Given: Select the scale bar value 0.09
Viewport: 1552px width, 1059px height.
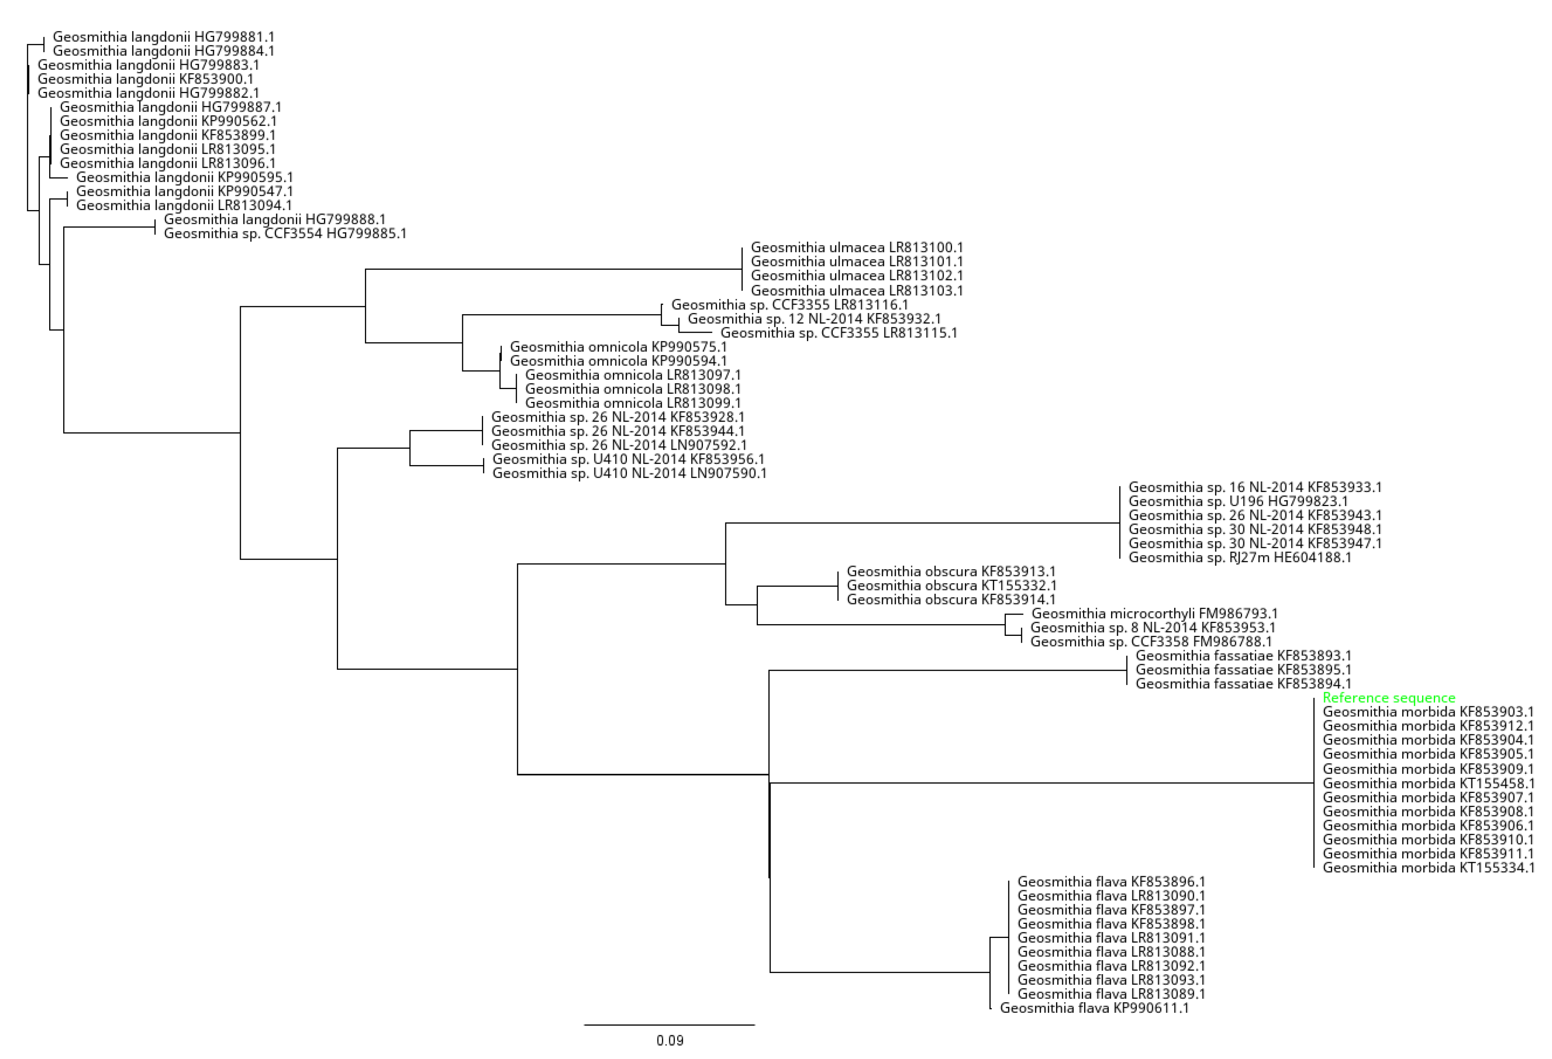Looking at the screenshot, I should (670, 1040).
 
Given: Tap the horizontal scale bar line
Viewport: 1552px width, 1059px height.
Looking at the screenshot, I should (669, 1025).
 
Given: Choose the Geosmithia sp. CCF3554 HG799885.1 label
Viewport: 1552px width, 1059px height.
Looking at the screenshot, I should (285, 234).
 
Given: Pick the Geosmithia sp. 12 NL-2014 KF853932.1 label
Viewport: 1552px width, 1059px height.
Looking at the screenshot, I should (814, 319).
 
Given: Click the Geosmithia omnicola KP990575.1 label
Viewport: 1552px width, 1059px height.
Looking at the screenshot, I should (619, 347).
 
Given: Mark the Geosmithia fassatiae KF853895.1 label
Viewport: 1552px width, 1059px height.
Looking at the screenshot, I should (1243, 670).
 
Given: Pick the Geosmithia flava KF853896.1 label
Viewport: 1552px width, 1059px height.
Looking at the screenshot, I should (1111, 882).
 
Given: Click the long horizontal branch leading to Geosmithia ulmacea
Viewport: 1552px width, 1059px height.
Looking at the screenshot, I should (554, 269).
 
